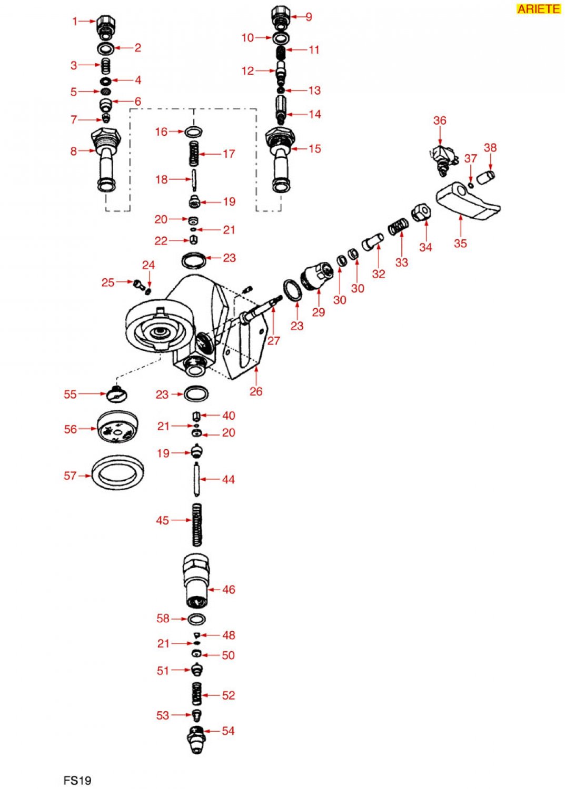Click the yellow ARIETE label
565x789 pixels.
coord(538,9)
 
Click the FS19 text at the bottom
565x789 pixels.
coord(77,780)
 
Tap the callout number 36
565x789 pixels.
coord(440,120)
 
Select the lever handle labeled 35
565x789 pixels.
coord(467,202)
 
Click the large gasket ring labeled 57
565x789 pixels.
coord(118,472)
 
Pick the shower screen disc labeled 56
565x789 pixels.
coord(117,427)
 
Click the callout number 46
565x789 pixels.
coord(229,590)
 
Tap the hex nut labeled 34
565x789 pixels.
coord(421,213)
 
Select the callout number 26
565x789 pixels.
coord(256,391)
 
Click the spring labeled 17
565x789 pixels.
coord(194,154)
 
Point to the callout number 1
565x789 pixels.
coord(75,22)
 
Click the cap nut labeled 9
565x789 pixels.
coord(281,17)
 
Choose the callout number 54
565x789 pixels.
coord(228,731)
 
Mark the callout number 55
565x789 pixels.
coord(70,394)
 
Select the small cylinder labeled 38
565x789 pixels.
coord(485,177)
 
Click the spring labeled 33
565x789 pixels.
coord(399,227)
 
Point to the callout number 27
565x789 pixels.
coord(274,340)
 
